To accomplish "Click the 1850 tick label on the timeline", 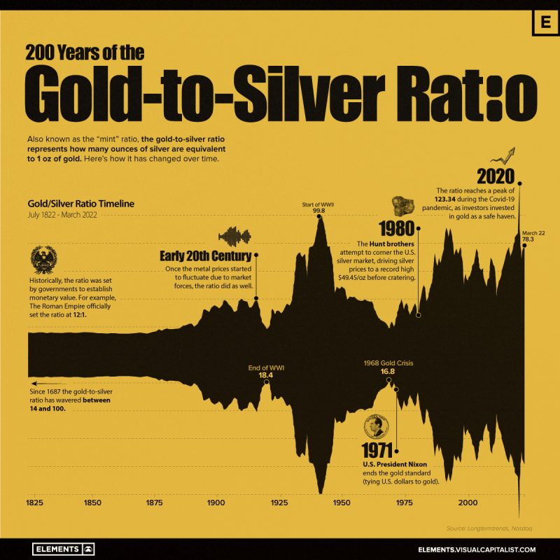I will (91, 503).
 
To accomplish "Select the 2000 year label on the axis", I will (467, 503).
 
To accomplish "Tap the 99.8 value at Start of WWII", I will (319, 210).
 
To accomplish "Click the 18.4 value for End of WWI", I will (266, 375).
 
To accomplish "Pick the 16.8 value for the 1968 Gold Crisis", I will (388, 372).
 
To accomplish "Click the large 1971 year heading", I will (379, 451).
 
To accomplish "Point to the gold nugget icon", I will (403, 206).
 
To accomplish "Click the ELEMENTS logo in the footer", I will (63, 549).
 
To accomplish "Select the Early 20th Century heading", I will (206, 255).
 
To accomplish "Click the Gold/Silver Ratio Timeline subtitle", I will (80, 204).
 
